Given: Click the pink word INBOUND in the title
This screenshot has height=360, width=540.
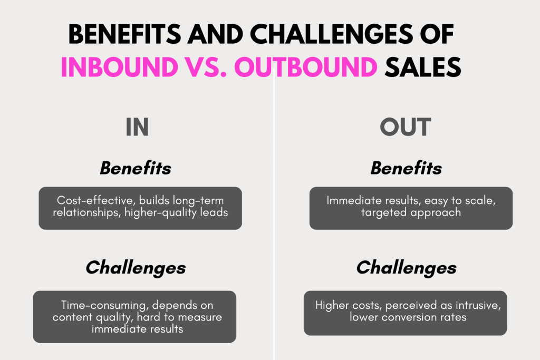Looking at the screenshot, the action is tap(120, 66).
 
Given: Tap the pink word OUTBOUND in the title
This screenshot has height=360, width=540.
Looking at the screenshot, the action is tap(306, 66).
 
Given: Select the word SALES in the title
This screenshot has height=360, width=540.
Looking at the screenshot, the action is tap(423, 66).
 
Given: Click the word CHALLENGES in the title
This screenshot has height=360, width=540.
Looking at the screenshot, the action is tap(331, 34).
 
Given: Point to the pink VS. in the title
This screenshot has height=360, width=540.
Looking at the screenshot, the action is tap(206, 66).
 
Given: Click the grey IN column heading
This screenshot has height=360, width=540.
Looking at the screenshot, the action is tap(137, 127).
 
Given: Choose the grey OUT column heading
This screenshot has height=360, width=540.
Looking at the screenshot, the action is tap(406, 127).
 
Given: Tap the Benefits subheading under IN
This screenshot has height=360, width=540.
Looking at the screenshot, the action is tap(136, 168).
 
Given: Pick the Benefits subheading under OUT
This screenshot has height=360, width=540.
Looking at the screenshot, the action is tap(406, 168).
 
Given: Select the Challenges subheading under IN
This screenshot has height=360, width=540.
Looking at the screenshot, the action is tap(136, 268).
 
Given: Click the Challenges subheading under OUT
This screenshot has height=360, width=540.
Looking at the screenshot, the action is tap(407, 268).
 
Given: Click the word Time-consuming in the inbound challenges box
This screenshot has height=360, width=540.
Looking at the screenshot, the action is tap(105, 305).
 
